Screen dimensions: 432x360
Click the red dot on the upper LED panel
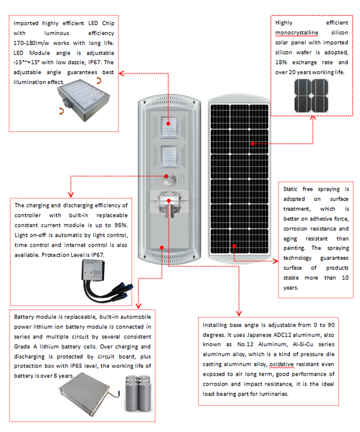[169, 123]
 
